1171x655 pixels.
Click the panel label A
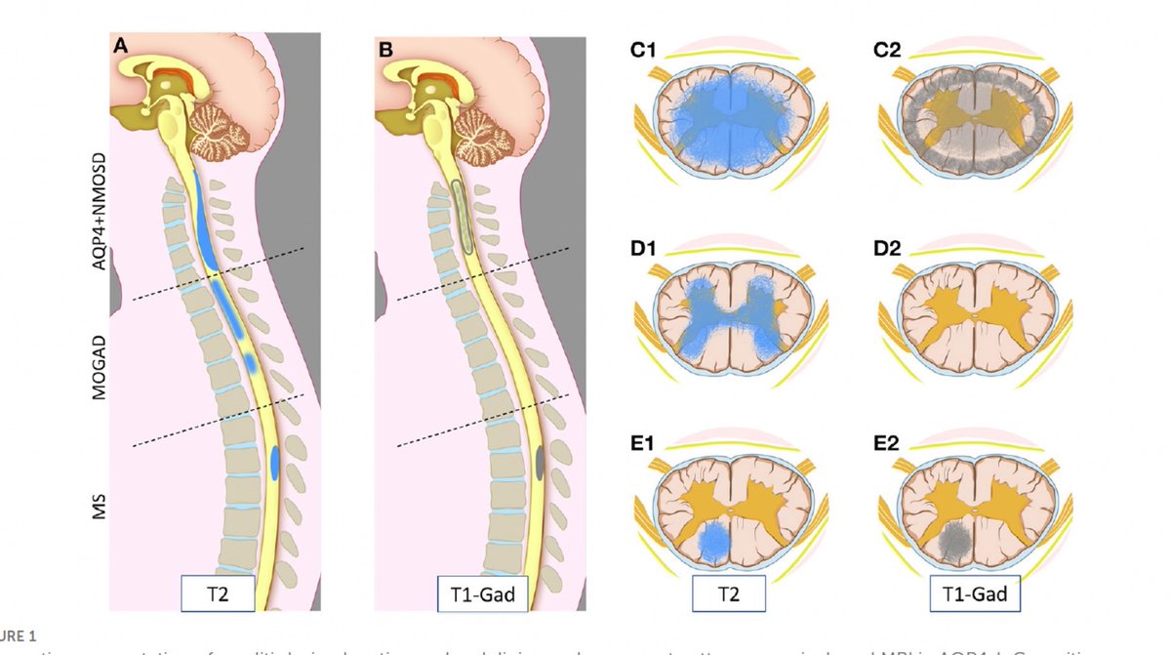[121, 46]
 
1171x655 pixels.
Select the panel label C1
[643, 48]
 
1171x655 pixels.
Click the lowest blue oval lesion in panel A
[276, 460]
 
